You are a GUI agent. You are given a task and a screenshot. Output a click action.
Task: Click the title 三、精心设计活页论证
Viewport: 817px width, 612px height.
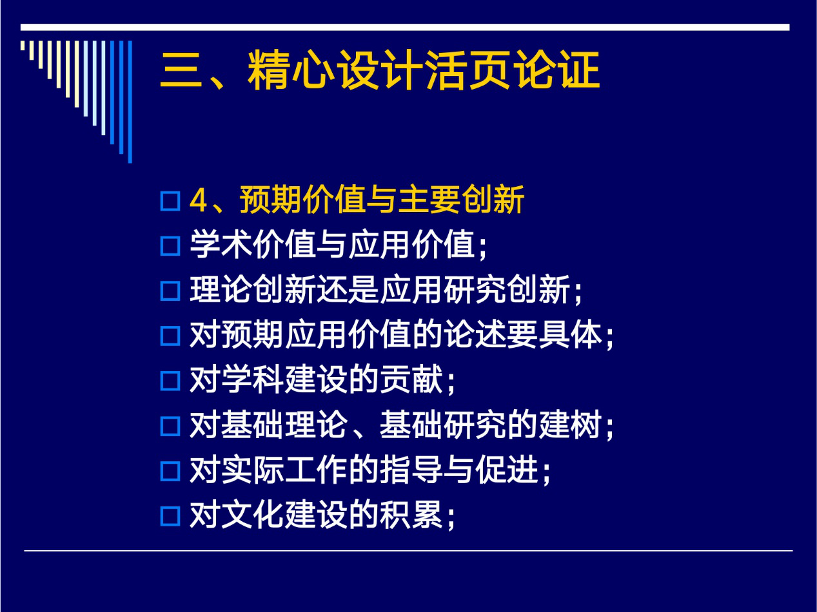(380, 70)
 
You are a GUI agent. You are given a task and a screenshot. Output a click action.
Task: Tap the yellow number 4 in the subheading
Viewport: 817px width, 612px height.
(198, 201)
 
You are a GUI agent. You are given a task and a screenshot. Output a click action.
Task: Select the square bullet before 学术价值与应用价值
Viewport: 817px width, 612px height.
(170, 246)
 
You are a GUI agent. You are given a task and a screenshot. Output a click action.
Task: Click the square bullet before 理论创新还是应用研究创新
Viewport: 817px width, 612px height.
(170, 291)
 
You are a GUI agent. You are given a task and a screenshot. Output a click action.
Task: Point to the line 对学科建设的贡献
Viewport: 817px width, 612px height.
(322, 380)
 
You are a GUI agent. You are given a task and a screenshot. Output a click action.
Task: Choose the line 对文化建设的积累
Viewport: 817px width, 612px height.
(322, 515)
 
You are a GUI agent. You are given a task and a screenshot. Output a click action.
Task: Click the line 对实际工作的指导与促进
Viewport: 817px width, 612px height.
(370, 470)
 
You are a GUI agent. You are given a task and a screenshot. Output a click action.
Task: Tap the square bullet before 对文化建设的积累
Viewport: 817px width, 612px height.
(170, 516)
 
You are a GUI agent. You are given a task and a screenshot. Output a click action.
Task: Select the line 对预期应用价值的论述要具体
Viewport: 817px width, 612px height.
(402, 335)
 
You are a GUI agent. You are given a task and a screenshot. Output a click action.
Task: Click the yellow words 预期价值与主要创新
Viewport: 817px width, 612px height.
(382, 200)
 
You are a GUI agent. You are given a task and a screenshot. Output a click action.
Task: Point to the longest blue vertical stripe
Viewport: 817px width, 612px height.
(130, 102)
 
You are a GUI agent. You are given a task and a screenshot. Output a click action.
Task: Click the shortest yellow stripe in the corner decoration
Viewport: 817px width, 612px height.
(23, 45)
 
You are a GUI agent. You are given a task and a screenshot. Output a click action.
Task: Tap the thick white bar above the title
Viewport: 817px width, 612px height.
(405, 27)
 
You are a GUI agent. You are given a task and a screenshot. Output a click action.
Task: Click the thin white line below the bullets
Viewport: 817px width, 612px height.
(408, 551)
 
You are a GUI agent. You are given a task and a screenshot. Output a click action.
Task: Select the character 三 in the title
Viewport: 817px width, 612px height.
(181, 71)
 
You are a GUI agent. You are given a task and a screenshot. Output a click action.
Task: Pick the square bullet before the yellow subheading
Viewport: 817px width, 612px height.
(170, 201)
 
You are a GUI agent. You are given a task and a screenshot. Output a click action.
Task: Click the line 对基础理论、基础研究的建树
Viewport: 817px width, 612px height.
(402, 425)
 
